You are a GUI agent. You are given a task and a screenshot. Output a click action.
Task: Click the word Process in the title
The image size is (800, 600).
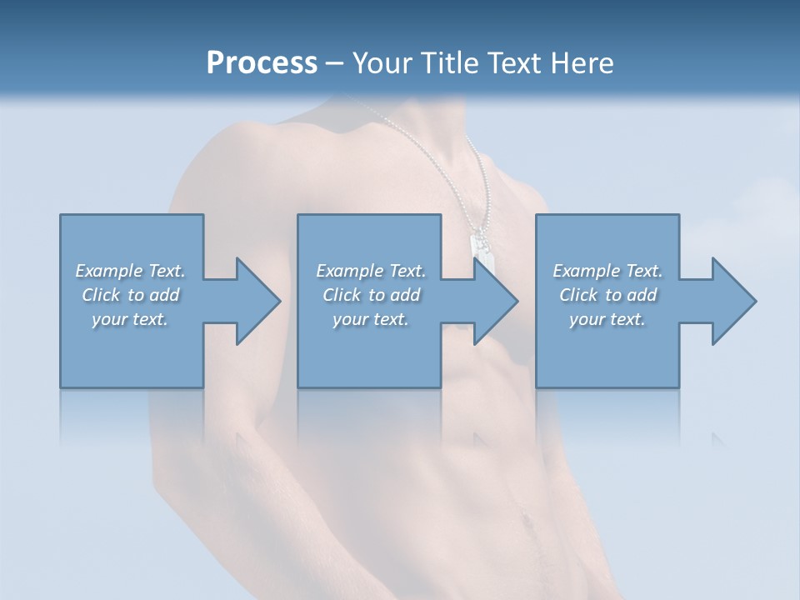tap(262, 62)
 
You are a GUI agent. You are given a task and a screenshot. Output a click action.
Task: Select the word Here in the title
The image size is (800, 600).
tap(582, 62)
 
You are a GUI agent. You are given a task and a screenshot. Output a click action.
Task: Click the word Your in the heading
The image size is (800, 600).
tap(382, 62)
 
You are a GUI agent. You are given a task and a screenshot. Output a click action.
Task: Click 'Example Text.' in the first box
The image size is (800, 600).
tap(130, 271)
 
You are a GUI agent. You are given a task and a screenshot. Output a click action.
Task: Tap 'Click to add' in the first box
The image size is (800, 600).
tap(131, 295)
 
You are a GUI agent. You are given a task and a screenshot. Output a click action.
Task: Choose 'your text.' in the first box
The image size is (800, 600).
tap(130, 319)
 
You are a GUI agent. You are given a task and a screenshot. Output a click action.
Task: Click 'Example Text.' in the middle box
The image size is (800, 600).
tap(371, 271)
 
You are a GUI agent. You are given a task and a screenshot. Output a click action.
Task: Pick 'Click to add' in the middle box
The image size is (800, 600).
tap(371, 295)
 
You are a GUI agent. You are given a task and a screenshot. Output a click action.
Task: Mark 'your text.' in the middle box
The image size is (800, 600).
tap(370, 319)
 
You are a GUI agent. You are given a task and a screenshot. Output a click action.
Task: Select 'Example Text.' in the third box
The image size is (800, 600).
tap(607, 271)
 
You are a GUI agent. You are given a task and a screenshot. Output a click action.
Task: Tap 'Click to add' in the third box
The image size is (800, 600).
tap(608, 295)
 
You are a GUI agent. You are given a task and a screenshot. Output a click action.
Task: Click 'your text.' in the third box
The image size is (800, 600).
tap(607, 319)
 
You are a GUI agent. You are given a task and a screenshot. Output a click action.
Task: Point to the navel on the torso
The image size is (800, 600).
tap(526, 522)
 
